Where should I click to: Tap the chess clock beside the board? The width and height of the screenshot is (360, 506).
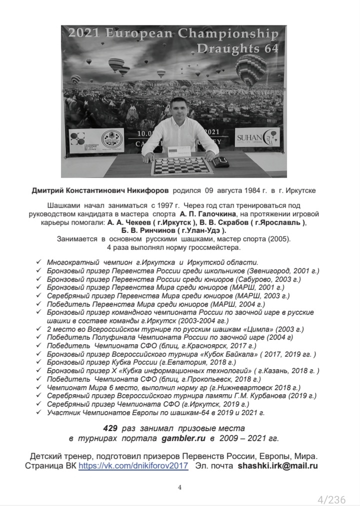(x=220, y=162)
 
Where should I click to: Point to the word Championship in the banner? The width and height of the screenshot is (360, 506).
(x=230, y=34)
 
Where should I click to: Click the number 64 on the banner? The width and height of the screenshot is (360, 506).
(x=269, y=48)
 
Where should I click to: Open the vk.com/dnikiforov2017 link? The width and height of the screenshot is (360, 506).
(x=133, y=465)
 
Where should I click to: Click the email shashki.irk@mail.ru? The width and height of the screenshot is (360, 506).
(x=278, y=465)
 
